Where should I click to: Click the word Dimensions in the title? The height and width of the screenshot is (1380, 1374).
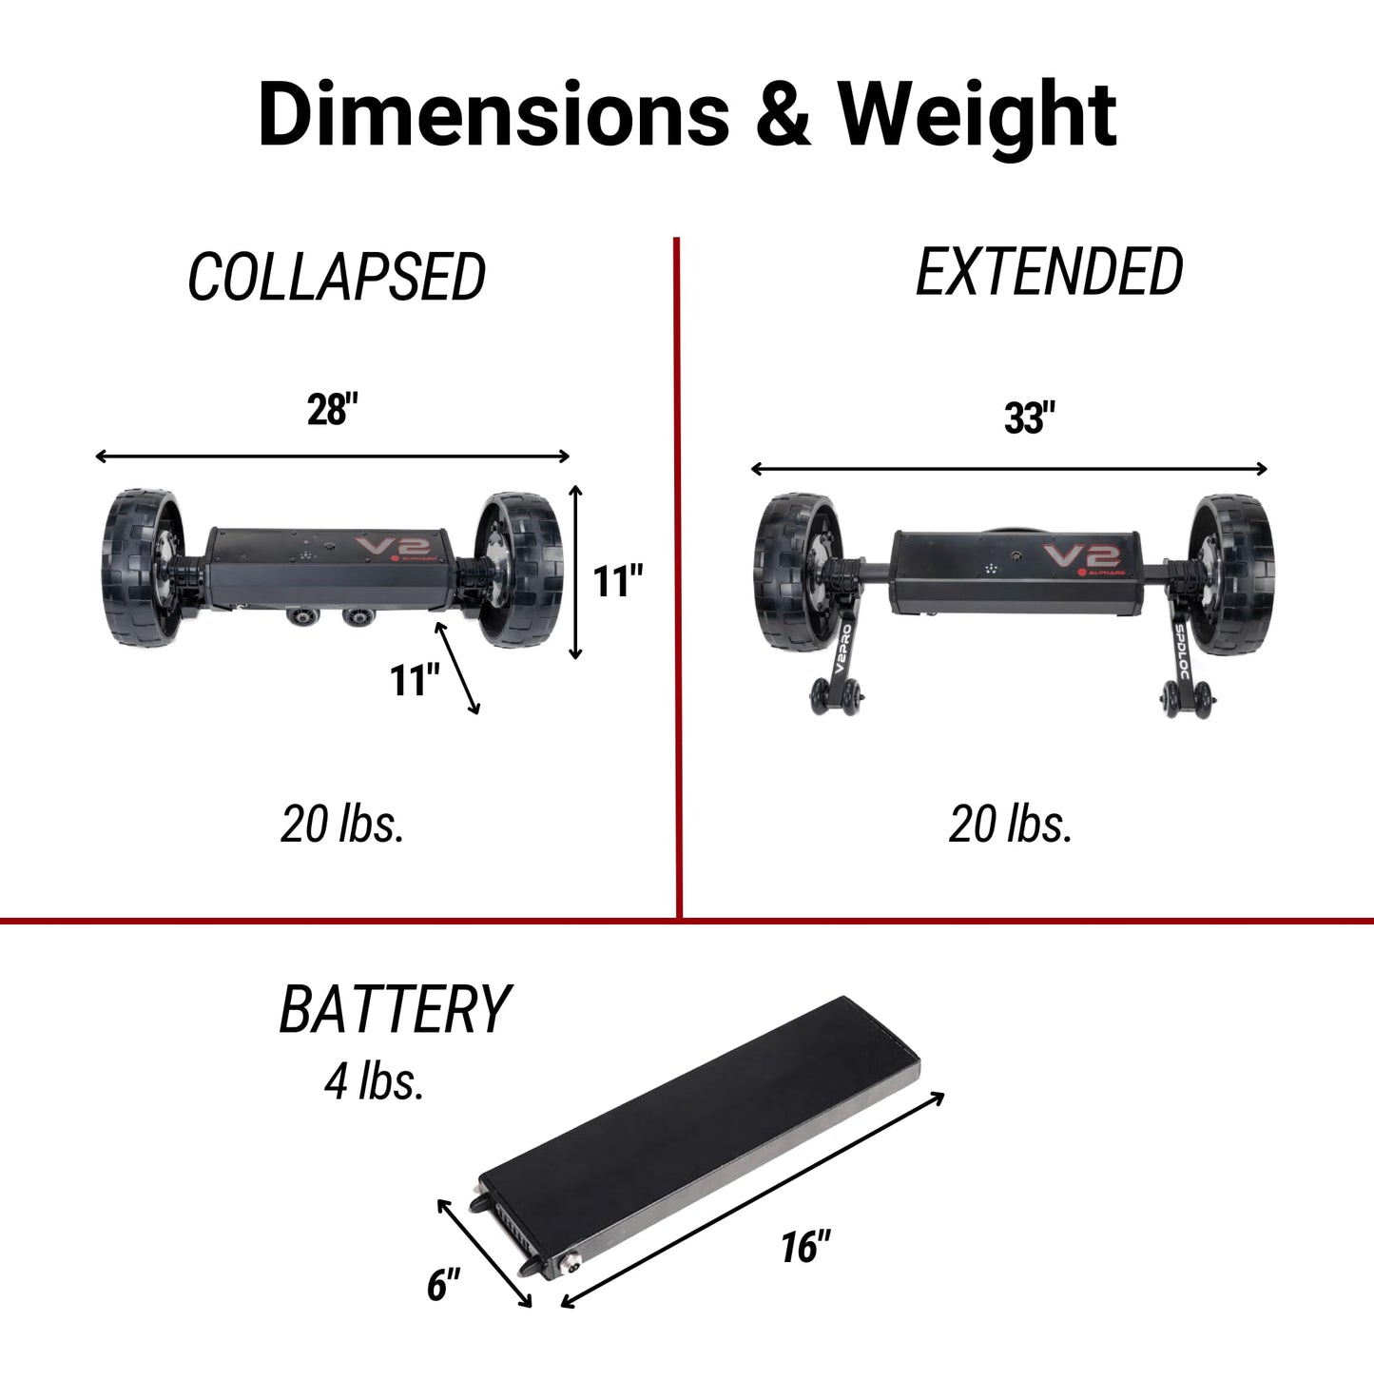[x=494, y=113]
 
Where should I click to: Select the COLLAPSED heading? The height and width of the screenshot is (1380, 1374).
[x=337, y=277]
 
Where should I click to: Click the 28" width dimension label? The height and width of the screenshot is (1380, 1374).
[x=332, y=410]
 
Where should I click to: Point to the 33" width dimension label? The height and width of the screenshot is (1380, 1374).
[x=1030, y=418]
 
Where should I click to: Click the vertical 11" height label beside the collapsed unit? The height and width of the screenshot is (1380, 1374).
[x=618, y=580]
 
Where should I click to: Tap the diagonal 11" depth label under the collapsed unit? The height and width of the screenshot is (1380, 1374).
[x=415, y=680]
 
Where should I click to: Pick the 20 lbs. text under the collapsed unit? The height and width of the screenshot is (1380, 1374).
[x=342, y=825]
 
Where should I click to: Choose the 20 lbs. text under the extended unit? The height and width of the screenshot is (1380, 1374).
[x=1010, y=825]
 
